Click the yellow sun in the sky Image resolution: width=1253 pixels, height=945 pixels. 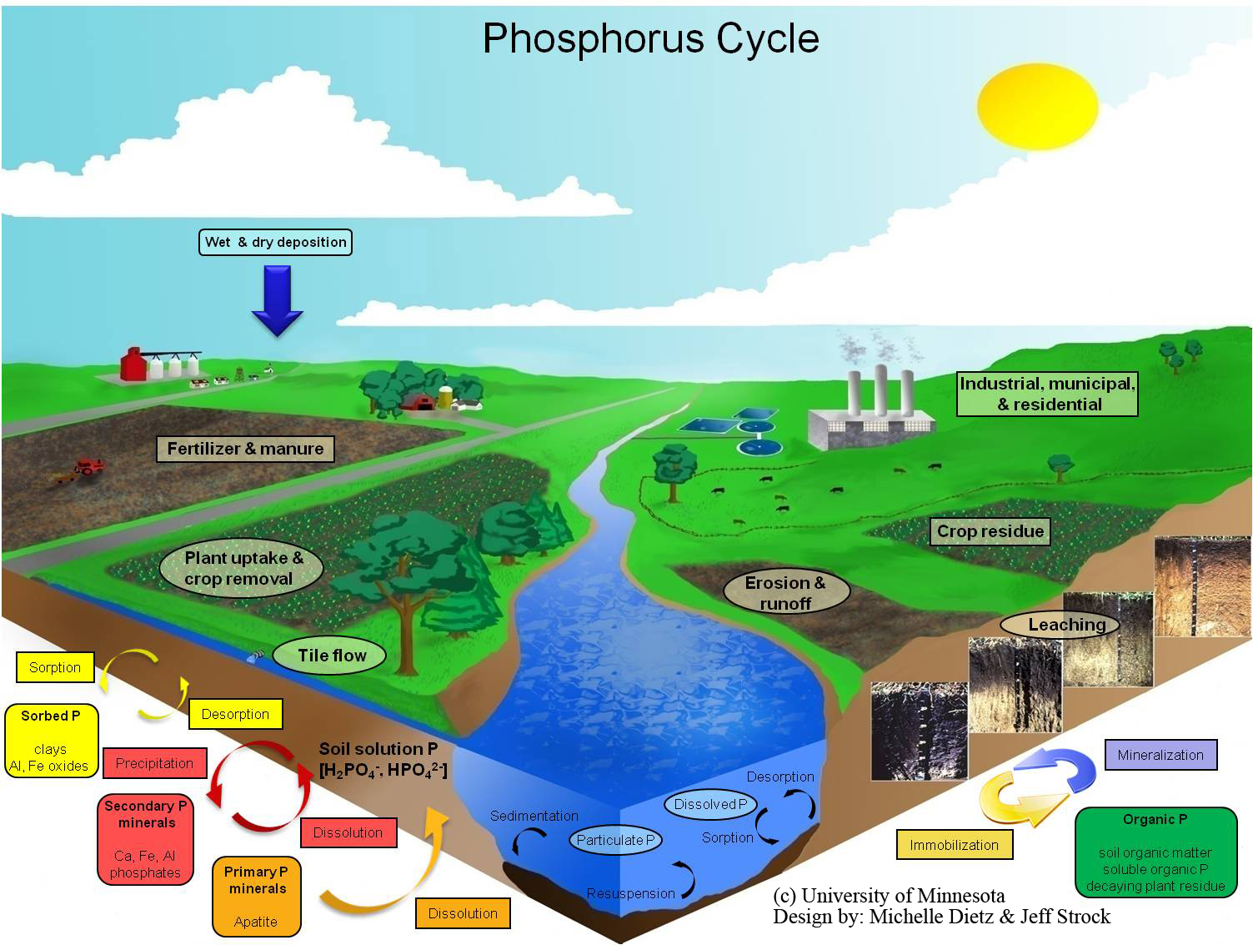click(x=1037, y=108)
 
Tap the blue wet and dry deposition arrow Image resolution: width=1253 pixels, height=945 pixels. click(x=278, y=299)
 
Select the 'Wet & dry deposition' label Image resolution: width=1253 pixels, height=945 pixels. click(x=275, y=242)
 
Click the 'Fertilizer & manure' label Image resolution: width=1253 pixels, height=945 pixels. click(x=245, y=449)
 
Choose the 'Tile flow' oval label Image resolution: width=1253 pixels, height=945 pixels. click(x=332, y=656)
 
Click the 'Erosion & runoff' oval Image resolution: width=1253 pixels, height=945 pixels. click(x=785, y=592)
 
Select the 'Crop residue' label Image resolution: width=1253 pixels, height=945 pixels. click(x=990, y=531)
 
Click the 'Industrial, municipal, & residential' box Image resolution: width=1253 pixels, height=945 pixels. click(x=1048, y=394)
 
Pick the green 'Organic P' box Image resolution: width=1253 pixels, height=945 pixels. click(x=1155, y=852)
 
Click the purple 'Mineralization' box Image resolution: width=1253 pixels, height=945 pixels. click(x=1160, y=755)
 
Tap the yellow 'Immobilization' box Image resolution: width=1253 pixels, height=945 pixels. click(x=954, y=845)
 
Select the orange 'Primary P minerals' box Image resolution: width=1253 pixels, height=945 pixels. click(x=256, y=896)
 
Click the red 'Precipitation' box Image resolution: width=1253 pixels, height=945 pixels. click(x=154, y=763)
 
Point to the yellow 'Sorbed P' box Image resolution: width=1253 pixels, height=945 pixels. click(x=51, y=741)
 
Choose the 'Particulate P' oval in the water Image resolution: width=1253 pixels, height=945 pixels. click(x=615, y=840)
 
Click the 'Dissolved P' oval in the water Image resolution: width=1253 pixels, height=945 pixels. click(x=710, y=804)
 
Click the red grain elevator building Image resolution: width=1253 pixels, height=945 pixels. click(x=133, y=364)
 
